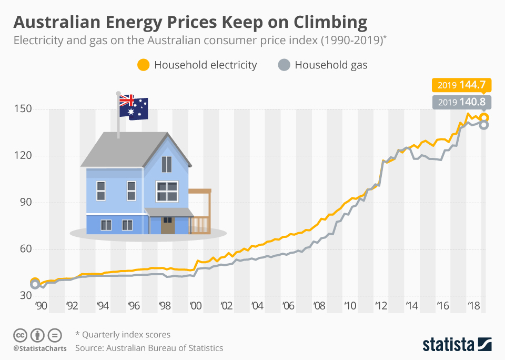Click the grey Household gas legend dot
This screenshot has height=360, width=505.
[x=284, y=65]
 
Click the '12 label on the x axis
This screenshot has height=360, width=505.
[x=379, y=305]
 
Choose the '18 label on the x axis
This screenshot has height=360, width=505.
[x=471, y=305]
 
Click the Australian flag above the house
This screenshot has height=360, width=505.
[x=134, y=107]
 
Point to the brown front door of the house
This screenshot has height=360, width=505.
[x=168, y=225]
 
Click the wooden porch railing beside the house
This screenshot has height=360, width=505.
[x=200, y=225]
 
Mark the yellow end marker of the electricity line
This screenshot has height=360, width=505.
[x=484, y=118]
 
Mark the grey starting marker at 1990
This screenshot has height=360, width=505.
[x=35, y=284]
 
